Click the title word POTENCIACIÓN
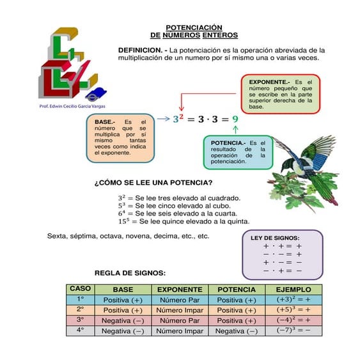pos(194,27)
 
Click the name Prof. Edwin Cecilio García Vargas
pos(73,106)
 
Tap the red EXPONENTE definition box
pos(280,93)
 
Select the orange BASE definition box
pos(120,137)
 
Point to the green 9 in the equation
pos(235,119)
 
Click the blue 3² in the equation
pos(178,119)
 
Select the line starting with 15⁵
pos(184,221)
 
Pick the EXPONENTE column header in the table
pos(180,290)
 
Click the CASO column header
pos(80,289)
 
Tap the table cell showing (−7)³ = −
pos(293,331)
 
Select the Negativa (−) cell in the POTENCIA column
pos(236,331)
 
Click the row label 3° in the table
pos(80,320)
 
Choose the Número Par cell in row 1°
pos(180,299)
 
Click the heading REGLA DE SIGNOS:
pos(130,273)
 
